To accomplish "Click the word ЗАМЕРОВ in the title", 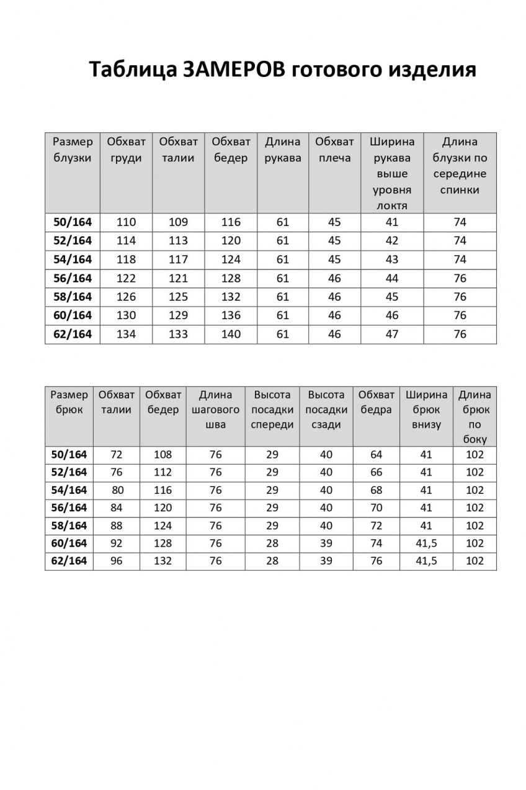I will click(233, 70).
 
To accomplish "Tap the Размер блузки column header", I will click(73, 150).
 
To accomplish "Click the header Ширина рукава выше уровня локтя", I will click(392, 173).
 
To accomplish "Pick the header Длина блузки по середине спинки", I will click(460, 166).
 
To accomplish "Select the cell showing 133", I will click(178, 334).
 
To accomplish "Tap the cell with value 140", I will click(231, 334).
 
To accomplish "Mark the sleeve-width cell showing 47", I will click(392, 334).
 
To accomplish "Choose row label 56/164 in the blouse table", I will click(73, 278).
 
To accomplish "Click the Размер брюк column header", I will click(69, 402).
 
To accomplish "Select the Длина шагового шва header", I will click(215, 410).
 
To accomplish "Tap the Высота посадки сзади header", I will click(326, 410).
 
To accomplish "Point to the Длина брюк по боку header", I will click(475, 417).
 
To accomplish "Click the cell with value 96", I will click(116, 561).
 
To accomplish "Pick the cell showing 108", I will click(163, 455).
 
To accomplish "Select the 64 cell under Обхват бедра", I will click(376, 455).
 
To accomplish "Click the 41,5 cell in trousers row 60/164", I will click(426, 543).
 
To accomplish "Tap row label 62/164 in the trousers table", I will click(69, 561).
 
